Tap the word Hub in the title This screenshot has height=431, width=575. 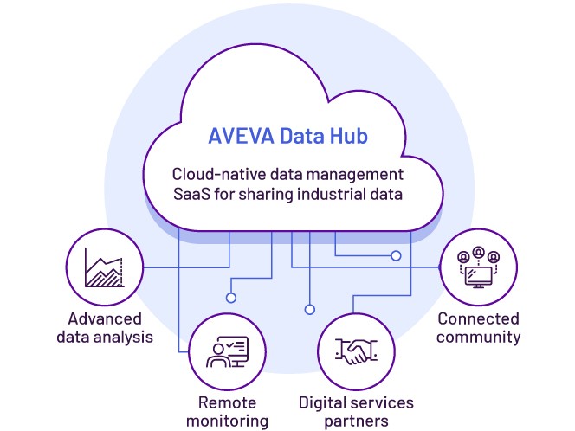(x=349, y=137)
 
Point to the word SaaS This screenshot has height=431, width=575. (x=194, y=194)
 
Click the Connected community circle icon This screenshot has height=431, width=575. (x=478, y=267)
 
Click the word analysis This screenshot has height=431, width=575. (x=125, y=337)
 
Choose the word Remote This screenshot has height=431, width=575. (x=227, y=402)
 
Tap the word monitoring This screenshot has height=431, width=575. (x=227, y=421)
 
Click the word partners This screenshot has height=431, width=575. (x=356, y=421)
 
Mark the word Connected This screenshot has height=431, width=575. (x=478, y=318)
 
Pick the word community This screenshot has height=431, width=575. (x=478, y=337)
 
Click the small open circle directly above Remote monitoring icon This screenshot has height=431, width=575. (x=231, y=297)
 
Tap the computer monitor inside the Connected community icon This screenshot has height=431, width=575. (x=478, y=276)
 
